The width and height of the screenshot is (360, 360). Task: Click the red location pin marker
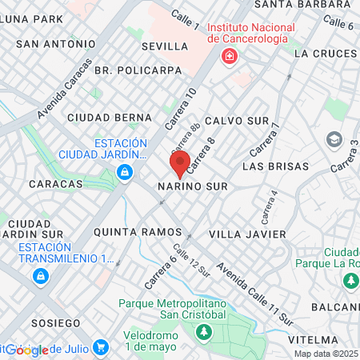[179, 163]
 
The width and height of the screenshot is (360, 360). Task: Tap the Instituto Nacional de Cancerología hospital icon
[230, 57]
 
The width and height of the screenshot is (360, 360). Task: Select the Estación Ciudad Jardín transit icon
[124, 171]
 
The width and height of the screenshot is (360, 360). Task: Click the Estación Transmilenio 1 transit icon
[39, 276]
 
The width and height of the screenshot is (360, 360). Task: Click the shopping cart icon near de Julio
[100, 347]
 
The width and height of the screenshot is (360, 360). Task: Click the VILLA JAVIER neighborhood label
[246, 234]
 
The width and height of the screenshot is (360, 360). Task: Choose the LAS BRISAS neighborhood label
[274, 166]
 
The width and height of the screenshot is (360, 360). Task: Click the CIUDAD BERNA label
[104, 118]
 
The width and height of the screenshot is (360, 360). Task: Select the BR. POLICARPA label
[133, 70]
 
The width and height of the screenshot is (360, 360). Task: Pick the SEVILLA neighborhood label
[165, 46]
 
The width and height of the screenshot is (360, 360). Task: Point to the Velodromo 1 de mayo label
[156, 341]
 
